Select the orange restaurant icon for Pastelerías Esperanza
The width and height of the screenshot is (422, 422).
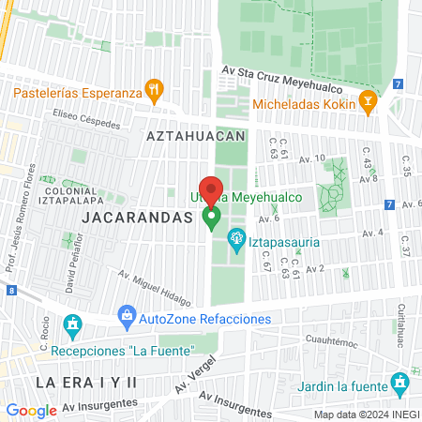tap(156, 90)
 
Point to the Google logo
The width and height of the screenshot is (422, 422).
tap(31, 410)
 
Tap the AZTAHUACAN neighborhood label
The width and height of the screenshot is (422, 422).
tap(195, 136)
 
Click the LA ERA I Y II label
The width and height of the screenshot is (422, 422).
tap(86, 383)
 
